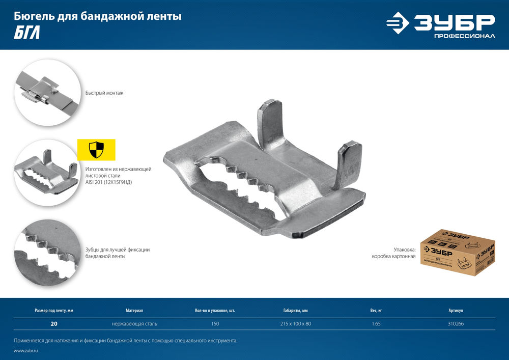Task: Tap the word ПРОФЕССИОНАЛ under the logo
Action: click(464, 37)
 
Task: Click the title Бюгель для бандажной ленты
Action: click(97, 17)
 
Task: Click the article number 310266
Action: click(456, 323)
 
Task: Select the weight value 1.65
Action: click(376, 323)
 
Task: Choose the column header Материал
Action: click(134, 310)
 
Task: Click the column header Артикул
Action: click(456, 310)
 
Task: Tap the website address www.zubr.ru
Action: click(26, 351)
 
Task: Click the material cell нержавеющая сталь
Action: click(134, 323)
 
